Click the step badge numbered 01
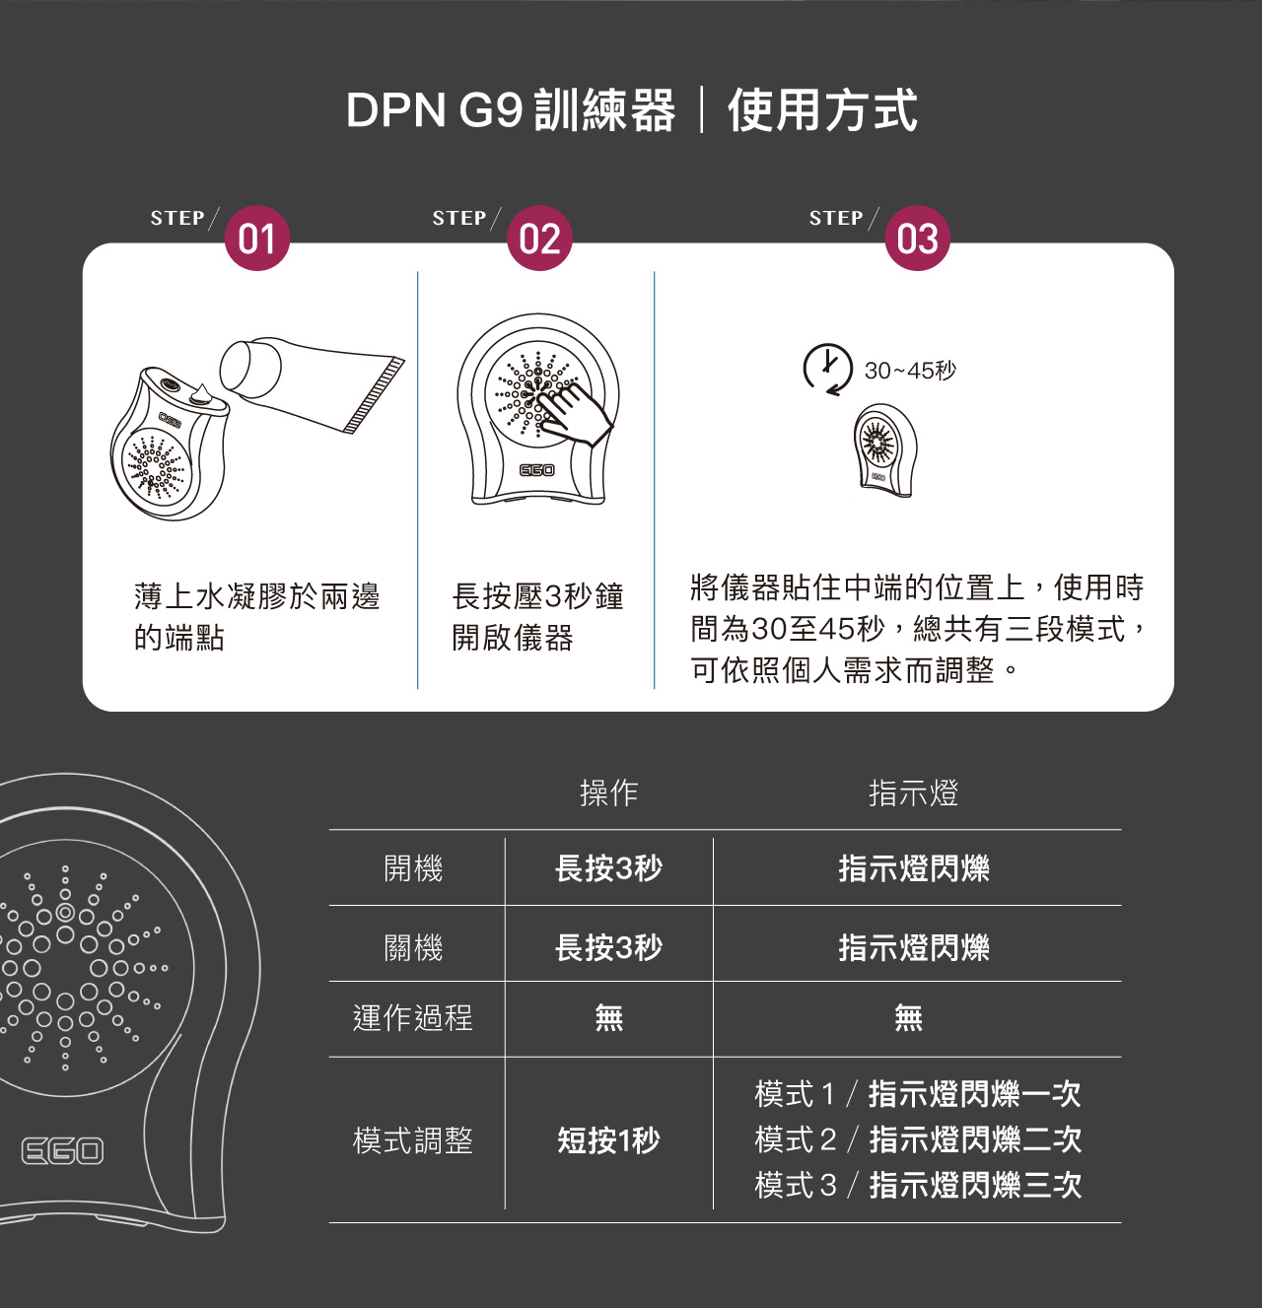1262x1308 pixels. click(257, 239)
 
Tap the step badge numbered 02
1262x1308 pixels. click(539, 239)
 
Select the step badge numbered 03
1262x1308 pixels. click(917, 239)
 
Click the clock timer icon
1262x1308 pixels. click(827, 369)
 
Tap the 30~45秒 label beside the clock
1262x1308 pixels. click(910, 371)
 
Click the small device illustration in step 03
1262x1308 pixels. click(883, 449)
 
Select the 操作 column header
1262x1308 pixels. click(608, 792)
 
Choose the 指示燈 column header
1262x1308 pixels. click(913, 792)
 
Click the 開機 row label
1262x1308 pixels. click(413, 868)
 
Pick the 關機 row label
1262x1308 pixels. click(413, 947)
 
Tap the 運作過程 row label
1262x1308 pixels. click(413, 1017)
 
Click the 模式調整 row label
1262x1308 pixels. click(413, 1140)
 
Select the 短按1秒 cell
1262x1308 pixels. click(608, 1140)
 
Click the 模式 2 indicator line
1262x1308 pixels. click(917, 1139)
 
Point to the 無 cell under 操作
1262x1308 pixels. click(608, 1017)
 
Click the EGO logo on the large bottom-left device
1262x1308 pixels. click(62, 1150)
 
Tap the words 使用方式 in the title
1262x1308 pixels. click(822, 109)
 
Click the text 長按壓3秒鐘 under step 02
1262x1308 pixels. click(537, 596)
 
